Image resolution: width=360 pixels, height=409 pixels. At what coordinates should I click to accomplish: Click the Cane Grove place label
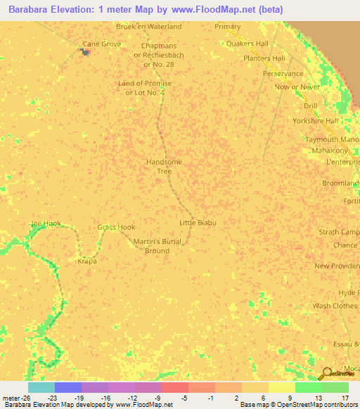tap(102, 44)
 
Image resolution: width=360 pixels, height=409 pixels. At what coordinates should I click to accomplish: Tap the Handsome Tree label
tap(164, 167)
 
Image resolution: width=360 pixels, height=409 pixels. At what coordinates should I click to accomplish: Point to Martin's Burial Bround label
tap(152, 246)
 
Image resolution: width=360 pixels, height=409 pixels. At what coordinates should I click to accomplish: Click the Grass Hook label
tap(116, 227)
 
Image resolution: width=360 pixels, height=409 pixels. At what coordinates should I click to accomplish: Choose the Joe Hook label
tap(46, 223)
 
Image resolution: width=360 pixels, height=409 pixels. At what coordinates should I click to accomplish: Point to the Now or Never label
tap(298, 86)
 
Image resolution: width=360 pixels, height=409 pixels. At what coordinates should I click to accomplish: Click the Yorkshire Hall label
tap(316, 120)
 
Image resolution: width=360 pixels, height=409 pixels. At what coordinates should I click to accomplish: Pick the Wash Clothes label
tap(335, 306)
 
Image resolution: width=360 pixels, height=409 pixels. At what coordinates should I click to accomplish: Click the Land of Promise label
tap(145, 88)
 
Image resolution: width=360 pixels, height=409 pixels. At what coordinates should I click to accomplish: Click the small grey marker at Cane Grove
tap(86, 51)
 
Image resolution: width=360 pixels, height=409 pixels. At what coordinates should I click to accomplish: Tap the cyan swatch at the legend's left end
tap(41, 387)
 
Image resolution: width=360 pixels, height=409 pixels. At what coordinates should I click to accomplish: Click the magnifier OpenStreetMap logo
tap(326, 372)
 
